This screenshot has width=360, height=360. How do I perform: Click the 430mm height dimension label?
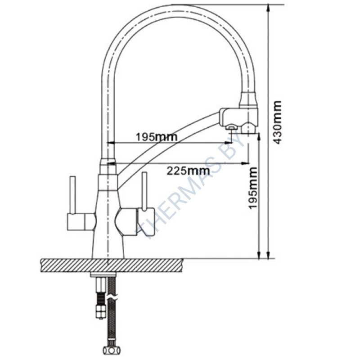[278, 122]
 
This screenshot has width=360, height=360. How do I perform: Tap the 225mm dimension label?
[188, 171]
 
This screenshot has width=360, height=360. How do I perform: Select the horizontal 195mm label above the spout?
[157, 137]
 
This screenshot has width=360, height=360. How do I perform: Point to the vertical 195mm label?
[253, 188]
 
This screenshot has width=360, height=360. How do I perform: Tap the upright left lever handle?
[72, 195]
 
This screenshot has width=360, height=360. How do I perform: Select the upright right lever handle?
[144, 191]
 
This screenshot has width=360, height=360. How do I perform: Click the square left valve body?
[76, 222]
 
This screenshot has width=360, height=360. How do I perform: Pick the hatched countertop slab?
[112, 265]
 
